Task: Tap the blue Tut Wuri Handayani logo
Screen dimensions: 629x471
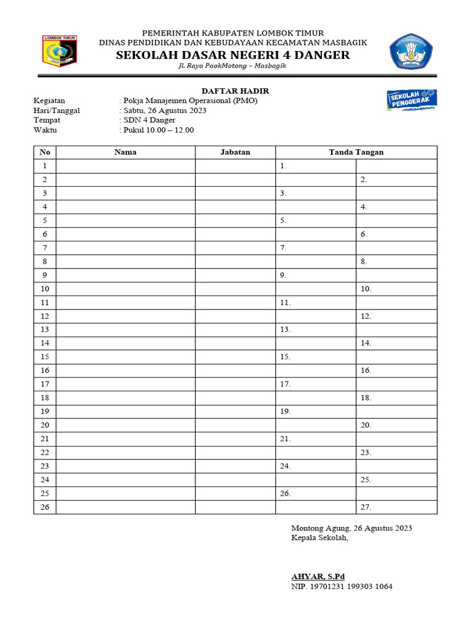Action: coord(411,52)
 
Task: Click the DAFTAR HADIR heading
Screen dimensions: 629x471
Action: coord(235,91)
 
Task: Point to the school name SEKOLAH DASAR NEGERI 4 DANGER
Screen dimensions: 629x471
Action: coord(233,55)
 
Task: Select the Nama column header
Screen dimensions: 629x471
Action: coord(125,152)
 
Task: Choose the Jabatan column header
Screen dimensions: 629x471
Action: coord(235,152)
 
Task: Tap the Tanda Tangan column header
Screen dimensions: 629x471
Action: coord(356,152)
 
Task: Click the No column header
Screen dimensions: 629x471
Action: coord(44,152)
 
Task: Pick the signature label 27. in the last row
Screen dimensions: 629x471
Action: coord(366,507)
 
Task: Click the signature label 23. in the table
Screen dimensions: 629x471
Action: coord(366,453)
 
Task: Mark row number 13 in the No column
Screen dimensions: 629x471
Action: coord(44,330)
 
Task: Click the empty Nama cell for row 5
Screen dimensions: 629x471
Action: coord(125,221)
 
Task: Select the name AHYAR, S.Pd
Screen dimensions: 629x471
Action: coord(318,576)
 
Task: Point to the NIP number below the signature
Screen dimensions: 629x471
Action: coord(342,587)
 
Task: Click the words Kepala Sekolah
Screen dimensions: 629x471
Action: coord(320,538)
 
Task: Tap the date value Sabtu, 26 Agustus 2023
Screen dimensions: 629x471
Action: coord(164,111)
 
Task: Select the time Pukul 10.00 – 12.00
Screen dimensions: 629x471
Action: coord(158,130)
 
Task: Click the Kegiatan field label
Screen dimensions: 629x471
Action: coord(49,101)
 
